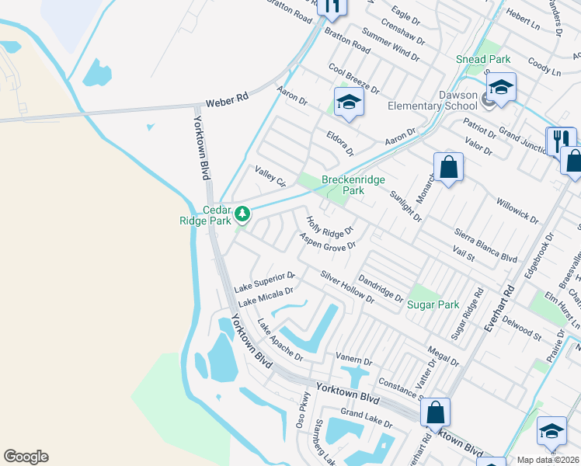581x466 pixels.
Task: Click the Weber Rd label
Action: coord(227,99)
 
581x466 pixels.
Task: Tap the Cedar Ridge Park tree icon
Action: coord(242,212)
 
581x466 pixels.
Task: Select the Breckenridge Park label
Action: coord(353,185)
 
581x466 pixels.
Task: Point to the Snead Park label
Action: coord(483,59)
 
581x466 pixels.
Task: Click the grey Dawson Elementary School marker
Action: coord(487,99)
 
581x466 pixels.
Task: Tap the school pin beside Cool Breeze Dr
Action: coord(349,103)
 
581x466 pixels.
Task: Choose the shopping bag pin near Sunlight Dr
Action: coord(448,167)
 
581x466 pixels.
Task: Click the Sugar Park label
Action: coord(433,304)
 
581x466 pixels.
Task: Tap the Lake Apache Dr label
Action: coord(280,339)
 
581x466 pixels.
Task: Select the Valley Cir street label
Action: coord(270,175)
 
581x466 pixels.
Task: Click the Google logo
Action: coord(26,457)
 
